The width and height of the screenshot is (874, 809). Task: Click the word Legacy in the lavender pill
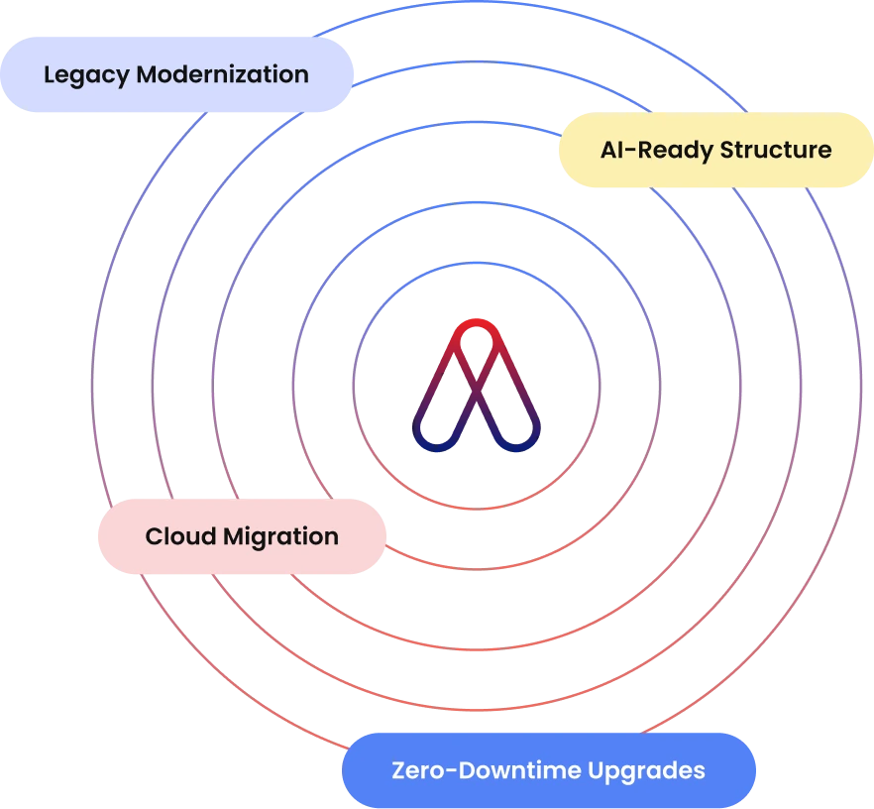point(86,75)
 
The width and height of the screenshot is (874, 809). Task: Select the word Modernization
point(223,74)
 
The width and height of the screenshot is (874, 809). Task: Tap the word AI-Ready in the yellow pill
point(657,151)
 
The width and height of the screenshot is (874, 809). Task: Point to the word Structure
point(776,150)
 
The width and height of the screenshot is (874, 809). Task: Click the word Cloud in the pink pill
point(180,536)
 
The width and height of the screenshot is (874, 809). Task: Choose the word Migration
point(281,537)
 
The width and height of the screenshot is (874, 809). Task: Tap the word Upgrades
point(646,771)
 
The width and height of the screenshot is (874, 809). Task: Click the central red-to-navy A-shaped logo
point(477,386)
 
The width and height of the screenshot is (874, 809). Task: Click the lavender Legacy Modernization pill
point(176,74)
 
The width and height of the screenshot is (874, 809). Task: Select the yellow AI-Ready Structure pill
point(716,150)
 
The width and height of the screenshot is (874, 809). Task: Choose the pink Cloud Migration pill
point(242,536)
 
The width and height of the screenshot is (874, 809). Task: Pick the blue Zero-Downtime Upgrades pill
point(549,770)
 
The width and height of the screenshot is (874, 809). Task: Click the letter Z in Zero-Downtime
point(400,771)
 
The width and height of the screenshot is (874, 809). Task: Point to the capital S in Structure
point(728,151)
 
